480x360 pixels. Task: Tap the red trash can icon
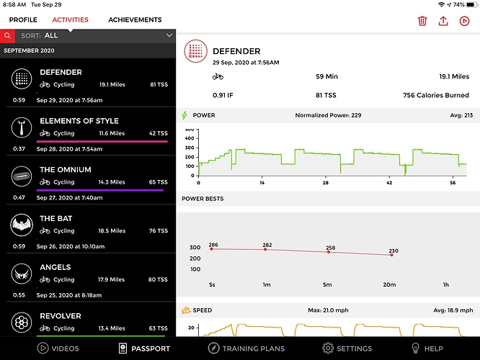[422, 21]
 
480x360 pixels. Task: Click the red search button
[7, 35]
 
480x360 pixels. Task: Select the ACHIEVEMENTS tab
[135, 20]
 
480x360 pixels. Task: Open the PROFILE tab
[23, 20]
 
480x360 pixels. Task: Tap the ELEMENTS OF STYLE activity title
[79, 121]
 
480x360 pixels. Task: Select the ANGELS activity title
[55, 267]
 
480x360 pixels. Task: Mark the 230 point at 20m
[391, 255]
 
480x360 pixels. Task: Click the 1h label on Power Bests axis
[445, 285]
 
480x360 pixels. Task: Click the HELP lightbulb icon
[416, 348]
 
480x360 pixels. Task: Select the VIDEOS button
[43, 348]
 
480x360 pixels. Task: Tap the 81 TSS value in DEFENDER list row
[159, 84]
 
